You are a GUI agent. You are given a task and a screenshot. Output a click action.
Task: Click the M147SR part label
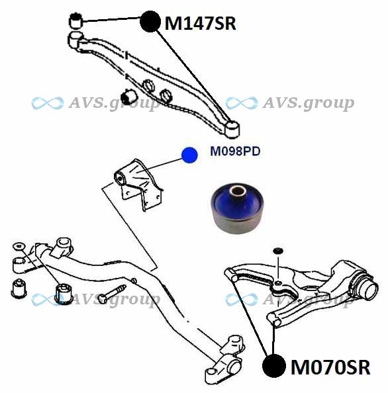click(x=200, y=23)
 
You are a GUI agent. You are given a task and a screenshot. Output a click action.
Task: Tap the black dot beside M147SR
click(x=150, y=21)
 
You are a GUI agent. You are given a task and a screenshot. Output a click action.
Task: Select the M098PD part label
click(x=235, y=151)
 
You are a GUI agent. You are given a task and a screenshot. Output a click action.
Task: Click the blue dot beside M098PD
click(x=189, y=155)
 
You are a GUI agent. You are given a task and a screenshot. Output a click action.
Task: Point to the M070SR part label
click(x=330, y=367)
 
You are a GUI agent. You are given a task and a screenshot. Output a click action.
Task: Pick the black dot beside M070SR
click(x=274, y=366)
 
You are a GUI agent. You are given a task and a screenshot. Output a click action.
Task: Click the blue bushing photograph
click(x=237, y=208)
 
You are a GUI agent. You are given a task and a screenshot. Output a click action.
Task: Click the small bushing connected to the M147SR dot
click(x=75, y=21)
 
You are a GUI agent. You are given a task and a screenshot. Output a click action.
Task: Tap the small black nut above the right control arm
click(x=278, y=251)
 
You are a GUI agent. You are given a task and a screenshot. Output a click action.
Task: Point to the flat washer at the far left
click(x=19, y=246)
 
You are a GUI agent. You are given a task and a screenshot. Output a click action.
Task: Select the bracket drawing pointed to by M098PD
click(x=137, y=184)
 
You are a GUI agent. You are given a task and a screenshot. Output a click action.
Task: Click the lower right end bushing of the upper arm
click(x=232, y=129)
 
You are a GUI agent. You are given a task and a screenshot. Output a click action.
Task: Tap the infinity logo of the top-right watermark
click(x=241, y=103)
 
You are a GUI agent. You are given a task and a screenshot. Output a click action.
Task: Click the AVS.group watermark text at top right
click(x=309, y=103)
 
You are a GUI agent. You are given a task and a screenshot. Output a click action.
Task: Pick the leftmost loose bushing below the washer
click(x=19, y=288)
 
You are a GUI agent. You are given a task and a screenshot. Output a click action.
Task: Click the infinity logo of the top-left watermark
click(x=48, y=103)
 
